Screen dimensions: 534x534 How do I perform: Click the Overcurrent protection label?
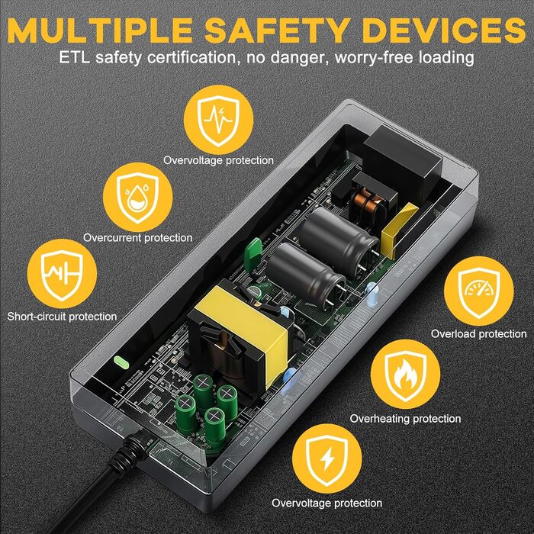pyautogui.click(x=138, y=238)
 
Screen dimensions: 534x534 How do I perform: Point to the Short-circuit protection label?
pyautogui.click(x=62, y=316)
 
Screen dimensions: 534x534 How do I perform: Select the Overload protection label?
pyautogui.click(x=478, y=333)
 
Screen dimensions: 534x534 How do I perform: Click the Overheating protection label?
pyautogui.click(x=405, y=418)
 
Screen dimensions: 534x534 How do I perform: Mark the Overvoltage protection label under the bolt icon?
pyautogui.click(x=327, y=503)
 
